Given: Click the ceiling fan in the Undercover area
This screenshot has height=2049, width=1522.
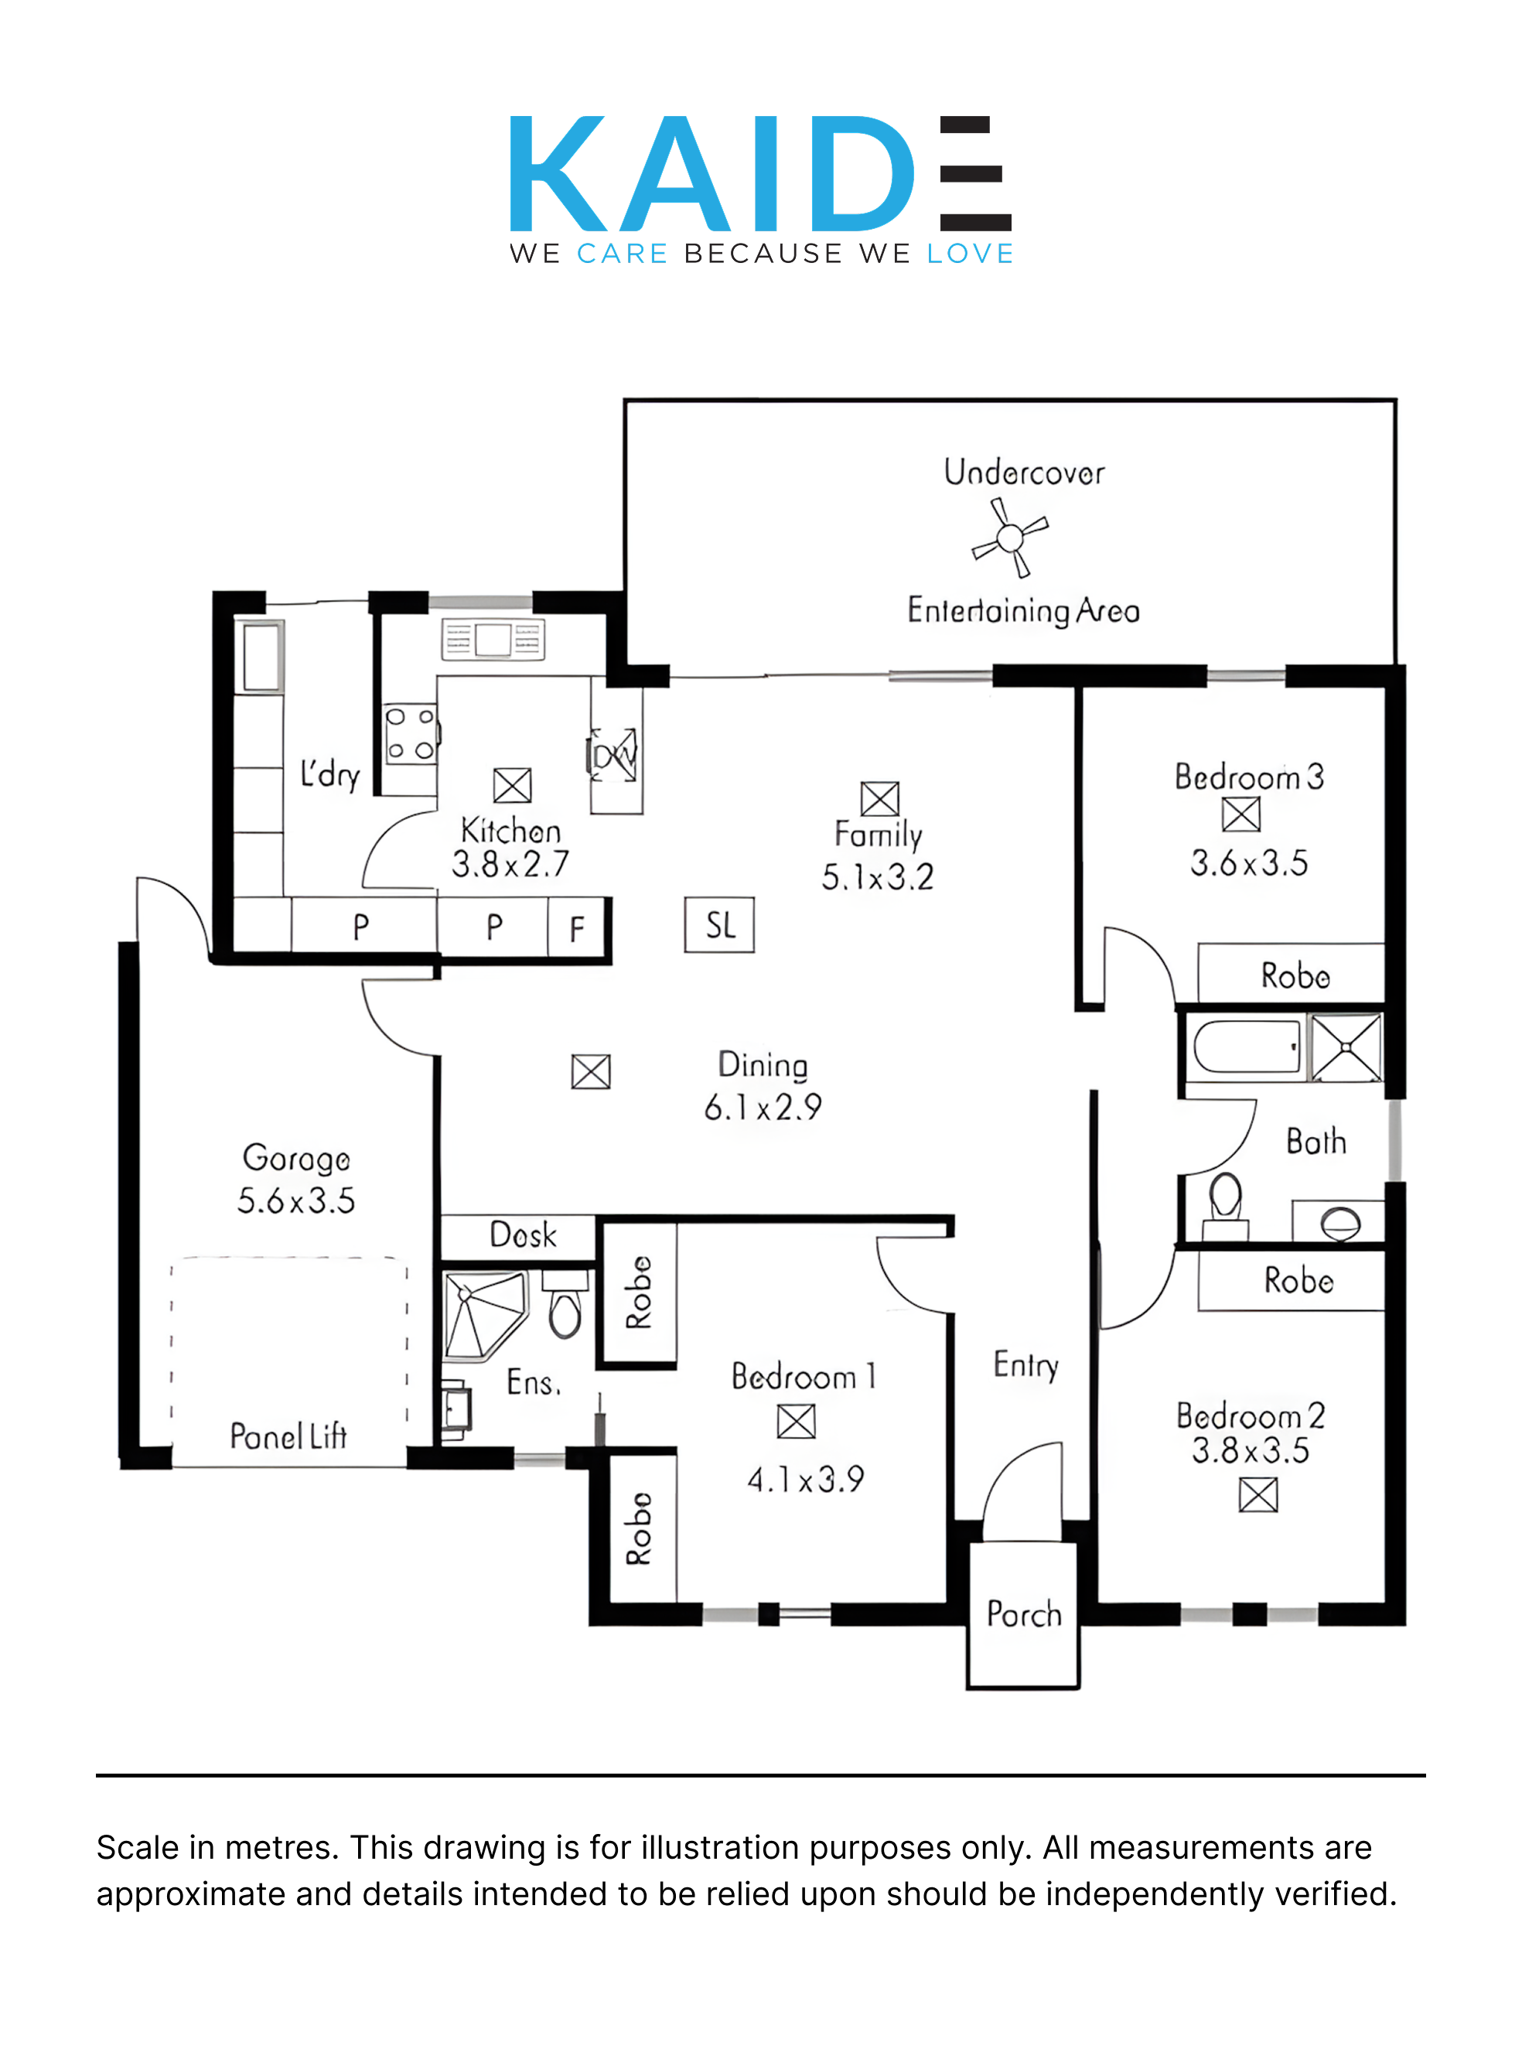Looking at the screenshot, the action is click(x=1010, y=537).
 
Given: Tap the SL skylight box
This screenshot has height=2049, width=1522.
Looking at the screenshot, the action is click(x=719, y=924).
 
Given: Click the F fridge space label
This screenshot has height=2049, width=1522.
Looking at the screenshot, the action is click(x=577, y=929).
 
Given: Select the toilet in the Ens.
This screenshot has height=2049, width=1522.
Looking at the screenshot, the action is click(x=565, y=1303).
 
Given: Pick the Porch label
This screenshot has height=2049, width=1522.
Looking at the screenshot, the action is click(x=1024, y=1614).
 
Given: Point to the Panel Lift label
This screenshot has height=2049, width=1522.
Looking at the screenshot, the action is click(x=288, y=1436).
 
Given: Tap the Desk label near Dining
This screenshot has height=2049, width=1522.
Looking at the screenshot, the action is click(x=524, y=1235).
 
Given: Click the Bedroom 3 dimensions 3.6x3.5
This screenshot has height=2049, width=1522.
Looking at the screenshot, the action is click(x=1248, y=863).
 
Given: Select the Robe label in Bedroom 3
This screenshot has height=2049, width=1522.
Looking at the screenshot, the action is click(x=1295, y=975).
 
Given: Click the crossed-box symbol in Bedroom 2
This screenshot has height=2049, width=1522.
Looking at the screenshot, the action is click(x=1258, y=1494).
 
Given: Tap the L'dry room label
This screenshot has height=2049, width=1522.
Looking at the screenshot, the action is click(x=329, y=774).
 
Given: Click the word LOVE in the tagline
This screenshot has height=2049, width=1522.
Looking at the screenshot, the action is click(x=970, y=254).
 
